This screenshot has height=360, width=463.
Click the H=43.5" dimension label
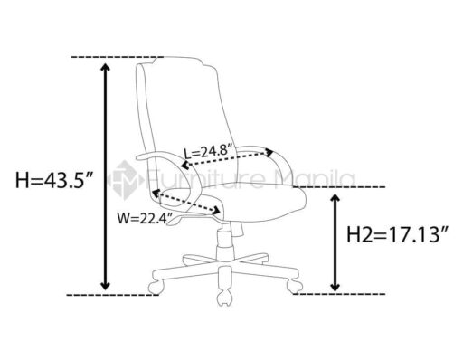point(53,180)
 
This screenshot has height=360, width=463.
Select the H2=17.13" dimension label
point(397,234)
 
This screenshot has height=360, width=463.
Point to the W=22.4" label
point(146,218)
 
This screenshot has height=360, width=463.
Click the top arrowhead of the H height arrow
point(105,68)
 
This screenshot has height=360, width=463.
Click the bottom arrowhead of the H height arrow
point(105,285)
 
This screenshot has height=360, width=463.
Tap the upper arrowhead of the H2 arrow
point(335,199)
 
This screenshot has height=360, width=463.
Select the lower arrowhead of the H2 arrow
point(335,287)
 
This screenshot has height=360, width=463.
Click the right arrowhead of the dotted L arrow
point(268,152)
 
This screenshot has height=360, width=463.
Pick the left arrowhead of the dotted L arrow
point(185,165)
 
